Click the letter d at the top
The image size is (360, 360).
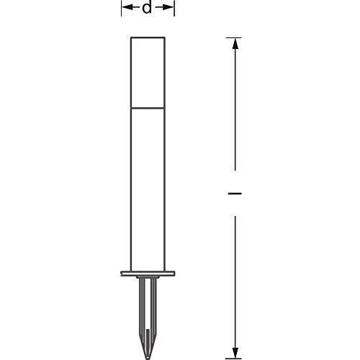(x=147, y=9)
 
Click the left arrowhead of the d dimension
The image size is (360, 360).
(x=125, y=8)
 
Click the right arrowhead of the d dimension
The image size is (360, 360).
(x=171, y=8)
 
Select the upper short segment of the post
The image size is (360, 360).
(x=147, y=72)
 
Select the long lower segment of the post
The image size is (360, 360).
(x=147, y=187)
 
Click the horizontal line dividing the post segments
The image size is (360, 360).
(x=147, y=108)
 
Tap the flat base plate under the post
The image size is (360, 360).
(x=147, y=274)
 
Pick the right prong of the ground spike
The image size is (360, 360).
(x=154, y=302)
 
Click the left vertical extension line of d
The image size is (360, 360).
(x=120, y=8)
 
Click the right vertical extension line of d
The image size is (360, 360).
(x=175, y=8)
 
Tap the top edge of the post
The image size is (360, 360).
(x=147, y=37)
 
